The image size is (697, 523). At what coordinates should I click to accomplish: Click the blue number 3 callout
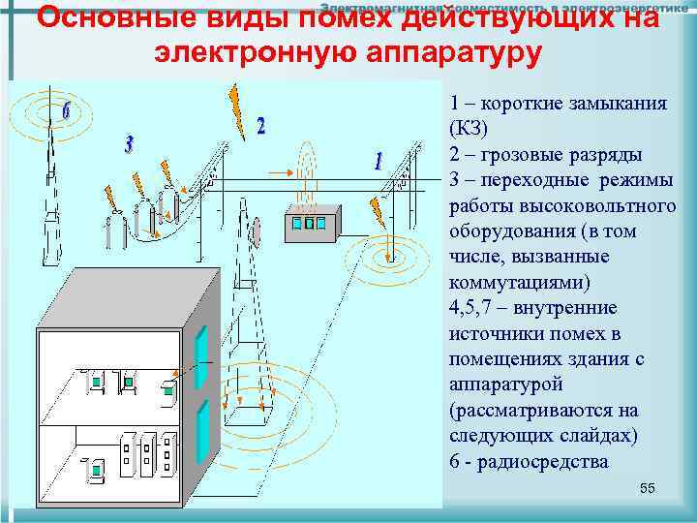129,145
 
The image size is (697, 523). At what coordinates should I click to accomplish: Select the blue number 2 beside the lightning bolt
260,126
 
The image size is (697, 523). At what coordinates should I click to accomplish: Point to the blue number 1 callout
378,161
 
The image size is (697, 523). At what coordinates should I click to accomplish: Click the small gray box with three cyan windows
311,224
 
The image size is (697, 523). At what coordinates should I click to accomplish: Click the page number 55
648,488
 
